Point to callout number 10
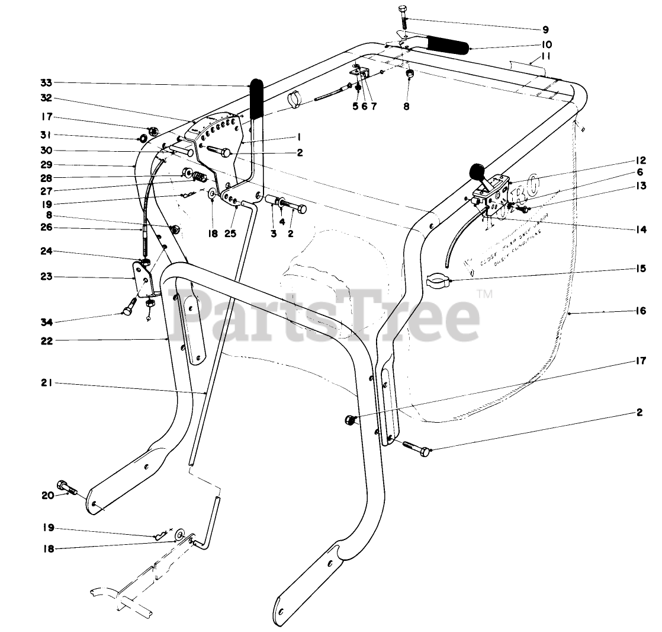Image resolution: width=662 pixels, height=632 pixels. pyautogui.click(x=545, y=44)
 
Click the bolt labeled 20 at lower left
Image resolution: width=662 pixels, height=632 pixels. pyautogui.click(x=66, y=488)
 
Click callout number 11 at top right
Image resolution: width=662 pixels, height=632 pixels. pyautogui.click(x=545, y=58)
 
